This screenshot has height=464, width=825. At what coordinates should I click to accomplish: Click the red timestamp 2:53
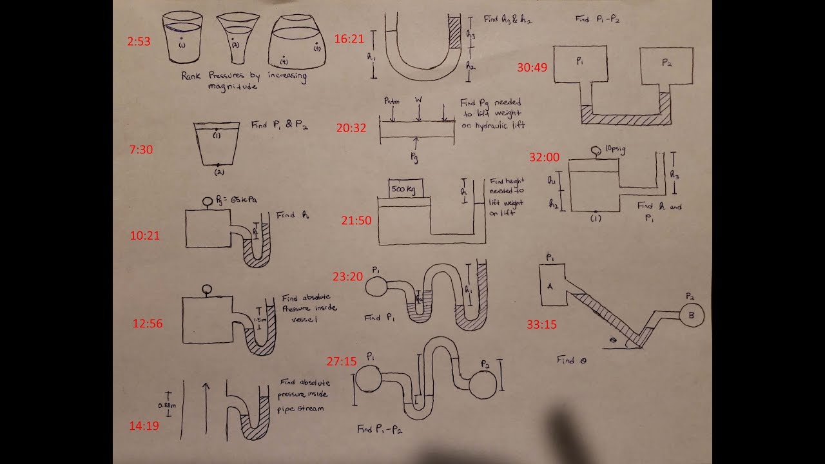point(139,41)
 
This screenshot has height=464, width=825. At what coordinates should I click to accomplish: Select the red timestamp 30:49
point(532,67)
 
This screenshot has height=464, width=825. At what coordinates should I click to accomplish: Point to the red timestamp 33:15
point(541,325)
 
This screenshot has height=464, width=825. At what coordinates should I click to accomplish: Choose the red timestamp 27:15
point(342,362)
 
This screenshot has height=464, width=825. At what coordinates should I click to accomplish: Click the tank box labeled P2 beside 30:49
point(666,66)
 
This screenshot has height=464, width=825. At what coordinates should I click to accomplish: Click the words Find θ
point(571,360)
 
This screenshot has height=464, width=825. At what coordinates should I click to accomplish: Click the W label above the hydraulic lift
point(419,100)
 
